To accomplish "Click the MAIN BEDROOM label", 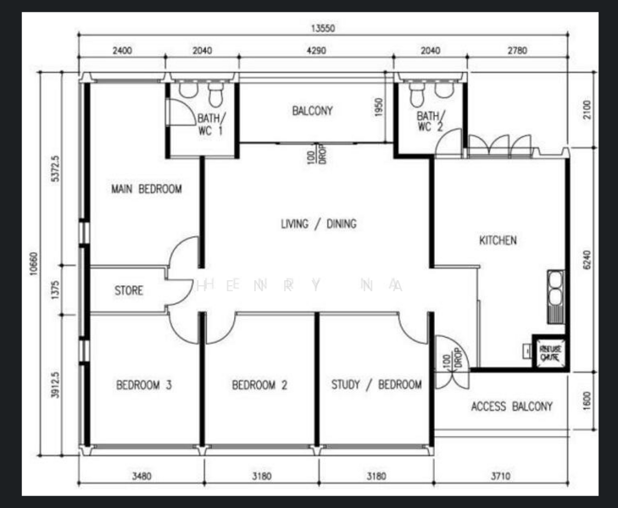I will (x=146, y=189).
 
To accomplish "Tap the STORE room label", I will (x=129, y=290).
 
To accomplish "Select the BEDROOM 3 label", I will (x=144, y=385).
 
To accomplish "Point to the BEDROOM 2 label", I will (x=259, y=385).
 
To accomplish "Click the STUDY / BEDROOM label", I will (x=376, y=384).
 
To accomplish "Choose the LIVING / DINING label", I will (x=319, y=224).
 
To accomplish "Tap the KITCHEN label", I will (x=498, y=240).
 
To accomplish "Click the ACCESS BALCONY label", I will (x=511, y=406).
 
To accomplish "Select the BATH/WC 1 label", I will (x=209, y=124).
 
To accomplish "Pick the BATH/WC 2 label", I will (x=429, y=121).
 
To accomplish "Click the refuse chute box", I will (x=549, y=352).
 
